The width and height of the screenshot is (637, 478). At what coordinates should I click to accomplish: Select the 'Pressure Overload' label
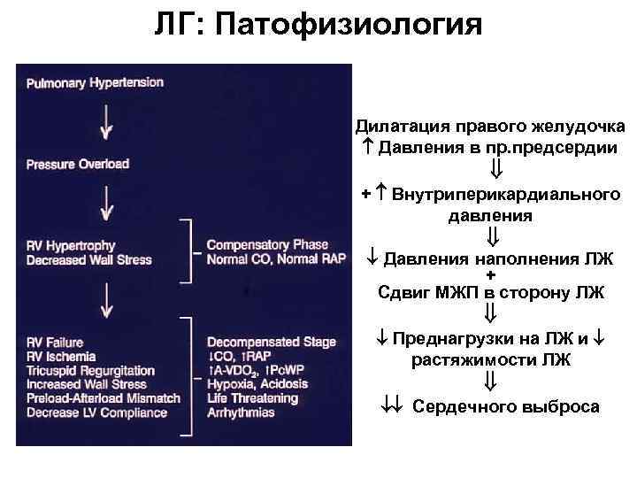[x=78, y=164]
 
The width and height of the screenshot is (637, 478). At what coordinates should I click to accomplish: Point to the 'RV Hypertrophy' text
[x=72, y=246]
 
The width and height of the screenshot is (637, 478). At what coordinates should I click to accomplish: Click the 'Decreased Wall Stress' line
[x=89, y=260]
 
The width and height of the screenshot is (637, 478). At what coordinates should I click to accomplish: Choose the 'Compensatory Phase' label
[x=265, y=246]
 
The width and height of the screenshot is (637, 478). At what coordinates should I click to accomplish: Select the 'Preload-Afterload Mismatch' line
[x=104, y=398]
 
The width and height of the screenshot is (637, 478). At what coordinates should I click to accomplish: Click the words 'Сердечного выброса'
[x=504, y=406]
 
